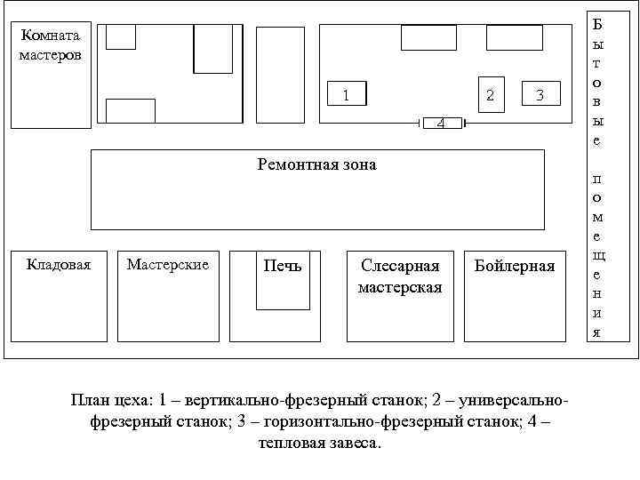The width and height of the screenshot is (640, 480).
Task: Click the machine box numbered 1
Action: pyautogui.click(x=348, y=93)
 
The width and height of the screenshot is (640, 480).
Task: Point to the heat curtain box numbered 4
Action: pyautogui.click(x=442, y=123)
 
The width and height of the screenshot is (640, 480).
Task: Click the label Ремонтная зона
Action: pyautogui.click(x=316, y=164)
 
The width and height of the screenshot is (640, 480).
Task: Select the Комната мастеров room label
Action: pyautogui.click(x=51, y=45)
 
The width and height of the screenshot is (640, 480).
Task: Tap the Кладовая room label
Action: pyautogui.click(x=59, y=264)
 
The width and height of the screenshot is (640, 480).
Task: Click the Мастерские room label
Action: pyautogui.click(x=168, y=264)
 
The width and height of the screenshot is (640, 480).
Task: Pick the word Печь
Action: pyautogui.click(x=283, y=266)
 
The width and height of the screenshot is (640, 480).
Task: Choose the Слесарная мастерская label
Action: pyautogui.click(x=400, y=276)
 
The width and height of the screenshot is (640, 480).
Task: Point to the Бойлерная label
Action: pyautogui.click(x=515, y=266)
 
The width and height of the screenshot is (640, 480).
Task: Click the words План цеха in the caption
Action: pyautogui.click(x=108, y=399)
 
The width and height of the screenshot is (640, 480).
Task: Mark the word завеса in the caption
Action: pyautogui.click(x=353, y=443)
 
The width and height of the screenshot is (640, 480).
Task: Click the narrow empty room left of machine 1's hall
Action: pyautogui.click(x=280, y=74)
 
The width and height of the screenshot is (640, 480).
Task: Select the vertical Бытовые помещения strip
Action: pyautogui.click(x=596, y=178)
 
